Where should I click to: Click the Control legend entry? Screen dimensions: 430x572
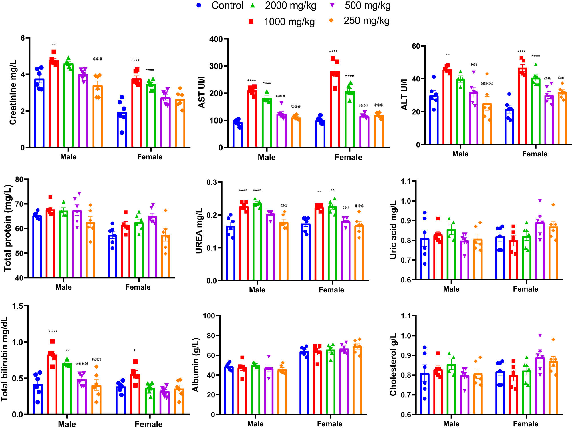click(x=227, y=5)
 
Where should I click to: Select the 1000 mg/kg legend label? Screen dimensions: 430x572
click(x=289, y=22)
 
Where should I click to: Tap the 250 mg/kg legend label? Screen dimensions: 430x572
click(x=366, y=21)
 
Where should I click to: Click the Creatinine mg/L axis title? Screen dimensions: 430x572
click(x=13, y=92)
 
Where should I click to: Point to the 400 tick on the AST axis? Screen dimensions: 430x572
click(x=216, y=39)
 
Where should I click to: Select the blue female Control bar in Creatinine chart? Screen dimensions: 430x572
click(x=122, y=130)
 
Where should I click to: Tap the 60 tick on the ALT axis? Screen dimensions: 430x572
click(x=416, y=46)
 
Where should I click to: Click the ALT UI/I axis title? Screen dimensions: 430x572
click(x=404, y=95)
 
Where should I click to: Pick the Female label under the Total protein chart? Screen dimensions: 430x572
click(x=138, y=287)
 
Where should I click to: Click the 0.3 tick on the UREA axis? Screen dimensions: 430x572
click(x=212, y=182)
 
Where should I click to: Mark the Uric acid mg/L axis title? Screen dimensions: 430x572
click(x=394, y=230)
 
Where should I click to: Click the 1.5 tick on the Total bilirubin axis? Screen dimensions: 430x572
click(x=17, y=306)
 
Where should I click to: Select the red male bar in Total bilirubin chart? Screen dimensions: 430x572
click(x=52, y=385)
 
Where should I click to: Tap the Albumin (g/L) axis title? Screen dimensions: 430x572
click(x=196, y=365)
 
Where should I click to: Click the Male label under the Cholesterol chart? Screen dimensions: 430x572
click(x=451, y=424)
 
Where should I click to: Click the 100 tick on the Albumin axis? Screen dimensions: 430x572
click(x=209, y=316)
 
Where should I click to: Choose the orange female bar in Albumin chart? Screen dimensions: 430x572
click(x=357, y=380)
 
